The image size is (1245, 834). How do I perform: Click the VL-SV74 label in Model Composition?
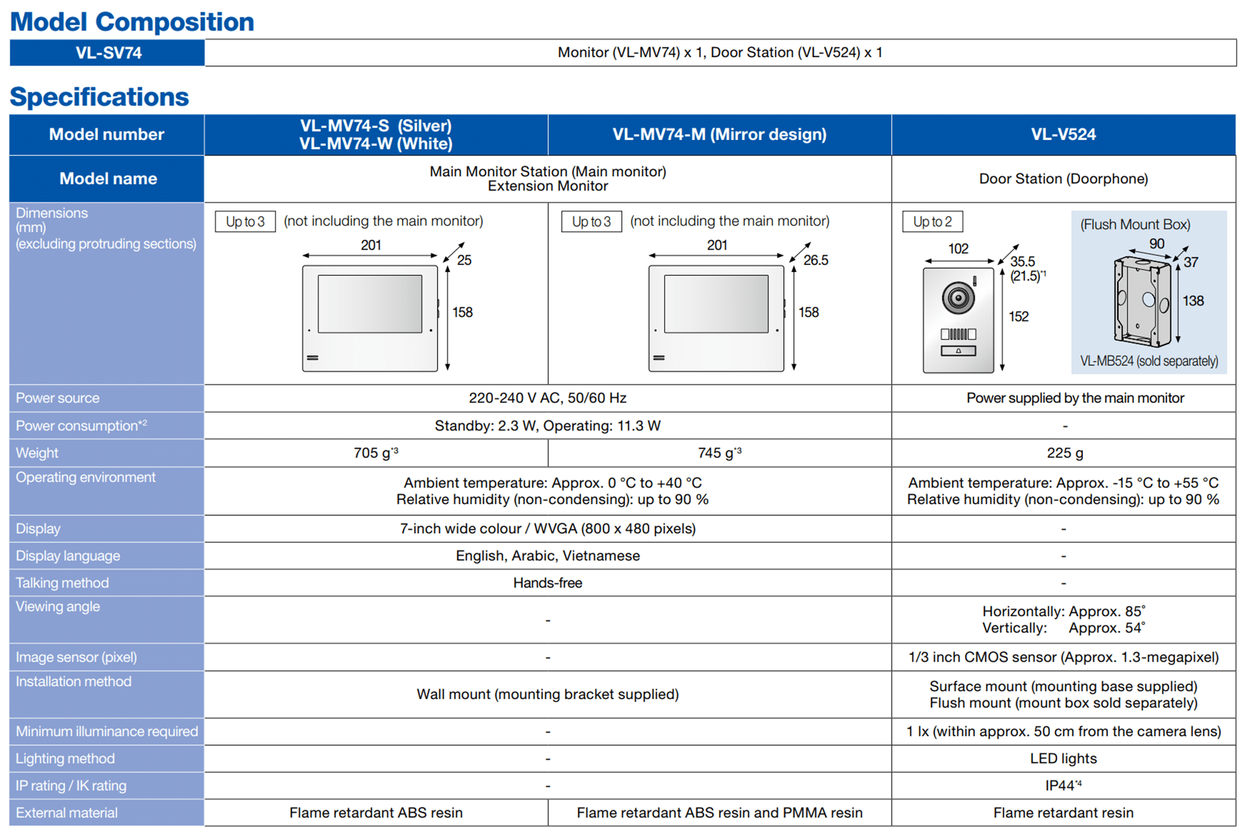108,52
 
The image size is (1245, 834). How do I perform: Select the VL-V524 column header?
1063,134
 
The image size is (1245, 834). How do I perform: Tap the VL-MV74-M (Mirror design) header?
719,134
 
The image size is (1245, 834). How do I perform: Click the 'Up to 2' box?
932,222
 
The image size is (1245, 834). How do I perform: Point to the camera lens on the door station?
958,298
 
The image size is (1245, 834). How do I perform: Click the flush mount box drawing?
1142,301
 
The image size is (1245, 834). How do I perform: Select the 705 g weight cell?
375,453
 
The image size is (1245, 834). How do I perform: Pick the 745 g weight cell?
719,453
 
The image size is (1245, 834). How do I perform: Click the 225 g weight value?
1064,453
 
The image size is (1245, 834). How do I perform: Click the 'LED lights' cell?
1063,758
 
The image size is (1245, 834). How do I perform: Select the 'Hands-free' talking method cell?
547,583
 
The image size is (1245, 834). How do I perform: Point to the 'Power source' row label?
58,398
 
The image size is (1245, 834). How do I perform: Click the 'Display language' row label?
68,555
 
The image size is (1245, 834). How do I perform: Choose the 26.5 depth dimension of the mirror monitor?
815,261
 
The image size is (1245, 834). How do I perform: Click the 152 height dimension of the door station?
1018,316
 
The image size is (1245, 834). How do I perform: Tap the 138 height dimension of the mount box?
1192,301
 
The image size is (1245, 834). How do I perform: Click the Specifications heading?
99,97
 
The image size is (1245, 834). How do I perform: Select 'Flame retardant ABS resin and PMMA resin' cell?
719,813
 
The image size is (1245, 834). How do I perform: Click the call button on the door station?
958,351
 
